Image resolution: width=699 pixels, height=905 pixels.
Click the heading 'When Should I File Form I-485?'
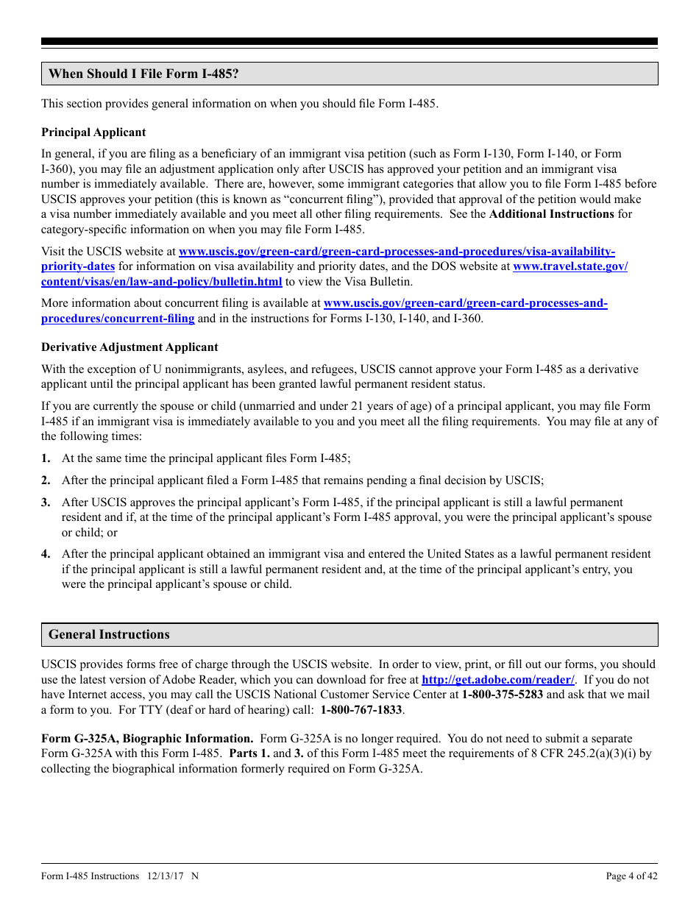143,74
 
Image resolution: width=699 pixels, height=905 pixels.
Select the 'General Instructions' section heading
109,635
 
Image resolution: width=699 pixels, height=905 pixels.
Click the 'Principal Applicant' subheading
93,132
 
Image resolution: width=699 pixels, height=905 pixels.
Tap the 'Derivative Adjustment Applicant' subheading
129,347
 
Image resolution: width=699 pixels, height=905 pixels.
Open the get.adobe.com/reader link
497,680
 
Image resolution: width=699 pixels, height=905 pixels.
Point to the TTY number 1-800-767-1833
361,710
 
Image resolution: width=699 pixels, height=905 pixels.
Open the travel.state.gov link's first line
570,266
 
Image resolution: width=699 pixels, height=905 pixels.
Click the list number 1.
46,458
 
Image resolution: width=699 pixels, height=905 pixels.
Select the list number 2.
46,480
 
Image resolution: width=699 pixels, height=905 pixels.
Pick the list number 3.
46,503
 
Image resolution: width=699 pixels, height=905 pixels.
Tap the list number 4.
46,554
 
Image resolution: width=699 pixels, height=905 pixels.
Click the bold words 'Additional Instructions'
551,214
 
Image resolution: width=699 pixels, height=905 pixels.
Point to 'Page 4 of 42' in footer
631,876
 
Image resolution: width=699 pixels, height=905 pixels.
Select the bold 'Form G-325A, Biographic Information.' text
147,739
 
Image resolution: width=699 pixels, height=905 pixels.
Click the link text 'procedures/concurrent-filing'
118,319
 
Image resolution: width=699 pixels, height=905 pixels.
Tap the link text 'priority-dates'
78,266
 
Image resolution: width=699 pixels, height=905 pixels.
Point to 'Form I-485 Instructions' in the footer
90,876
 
